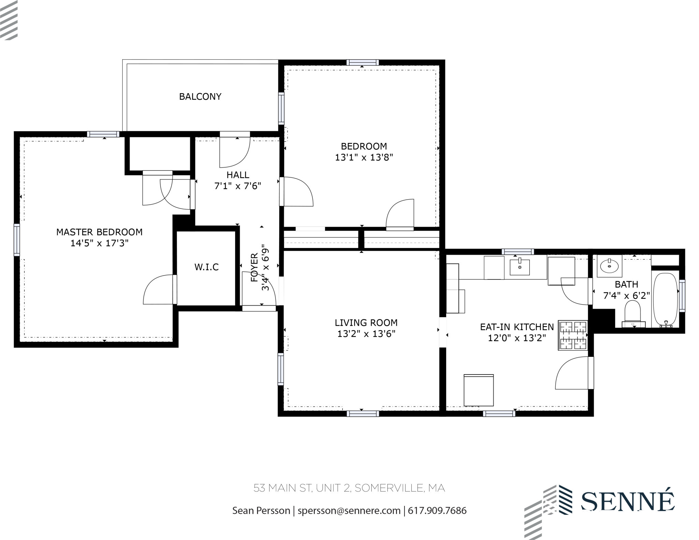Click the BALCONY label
coord(200,97)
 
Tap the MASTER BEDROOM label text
coord(99,232)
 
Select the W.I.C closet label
coord(206,267)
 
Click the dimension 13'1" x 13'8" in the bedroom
coord(364,158)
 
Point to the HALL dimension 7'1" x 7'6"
coord(238,186)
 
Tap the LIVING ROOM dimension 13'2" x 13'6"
coord(366,334)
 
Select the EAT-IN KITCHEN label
coord(517,327)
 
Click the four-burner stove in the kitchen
coord(572,335)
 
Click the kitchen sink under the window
coord(519,267)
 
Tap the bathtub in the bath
coord(665,300)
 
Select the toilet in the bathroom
coord(633,313)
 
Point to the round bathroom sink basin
coord(609,266)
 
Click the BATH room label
coord(626,284)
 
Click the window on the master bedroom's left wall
coord(16,239)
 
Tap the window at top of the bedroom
coord(362,62)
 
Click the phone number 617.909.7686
coord(437,511)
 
